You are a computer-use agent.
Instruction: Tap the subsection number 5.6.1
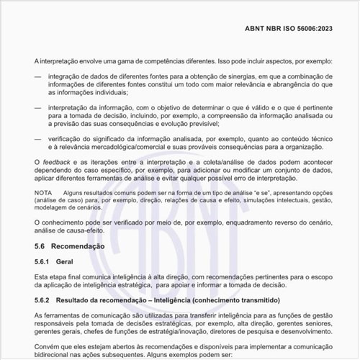click(44, 261)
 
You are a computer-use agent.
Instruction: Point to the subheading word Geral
click(75, 261)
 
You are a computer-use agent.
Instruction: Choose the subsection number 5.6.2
click(44, 299)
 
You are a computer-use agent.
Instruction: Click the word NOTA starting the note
click(43, 193)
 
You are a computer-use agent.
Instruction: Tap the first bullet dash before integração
click(38, 76)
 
